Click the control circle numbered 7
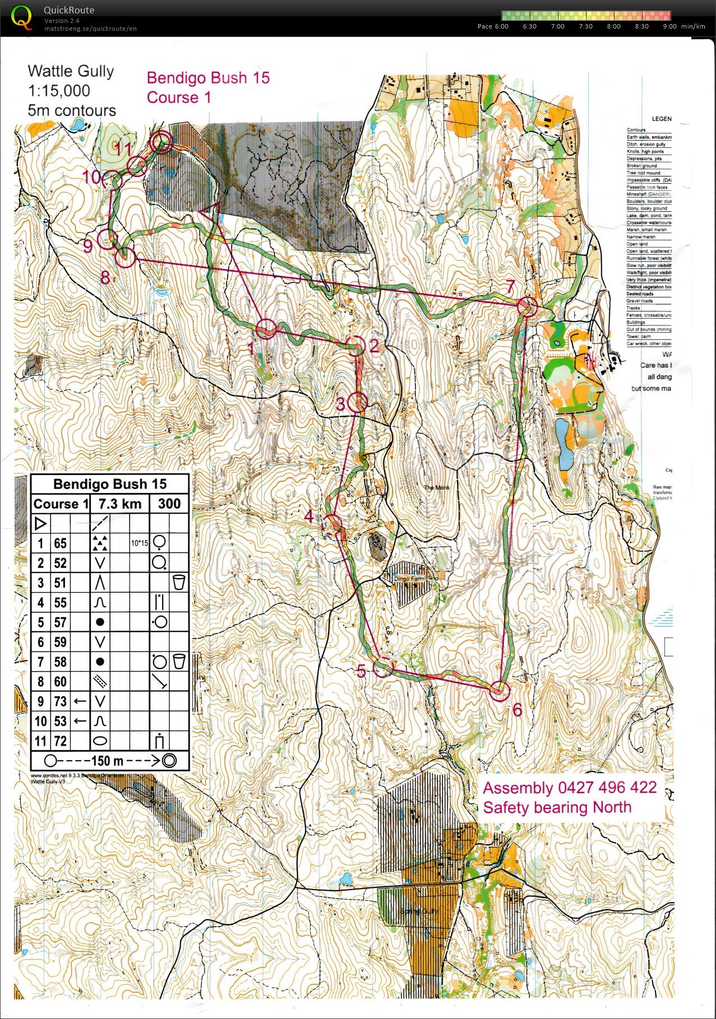pos(526,307)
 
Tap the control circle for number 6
pos(500,690)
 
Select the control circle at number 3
pos(358,402)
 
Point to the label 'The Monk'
pos(436,487)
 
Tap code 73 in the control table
pos(60,701)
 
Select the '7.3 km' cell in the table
pos(119,504)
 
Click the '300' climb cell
pos(169,504)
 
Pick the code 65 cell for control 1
pos(60,543)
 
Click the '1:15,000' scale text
pos(59,91)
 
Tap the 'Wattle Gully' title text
pos(71,71)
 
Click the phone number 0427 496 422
pos(607,788)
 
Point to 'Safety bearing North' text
pos(557,807)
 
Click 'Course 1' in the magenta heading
pos(179,97)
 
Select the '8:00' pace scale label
pos(613,26)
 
